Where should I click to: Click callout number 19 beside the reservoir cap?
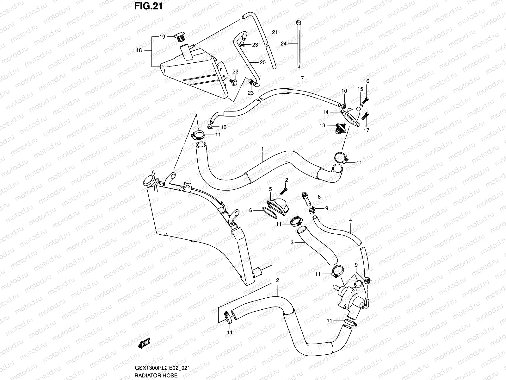[x=162, y=37]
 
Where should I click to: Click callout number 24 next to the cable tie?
[x=283, y=44]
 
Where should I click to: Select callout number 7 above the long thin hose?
[x=302, y=78]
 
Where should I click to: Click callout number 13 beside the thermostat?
[x=322, y=126]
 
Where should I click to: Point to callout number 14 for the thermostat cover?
[x=326, y=112]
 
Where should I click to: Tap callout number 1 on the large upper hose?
[x=262, y=148]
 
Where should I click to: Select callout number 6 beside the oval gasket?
[x=250, y=210]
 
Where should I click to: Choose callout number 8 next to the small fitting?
[x=319, y=197]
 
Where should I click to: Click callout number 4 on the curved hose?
[x=350, y=220]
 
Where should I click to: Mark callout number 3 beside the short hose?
[x=292, y=242]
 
